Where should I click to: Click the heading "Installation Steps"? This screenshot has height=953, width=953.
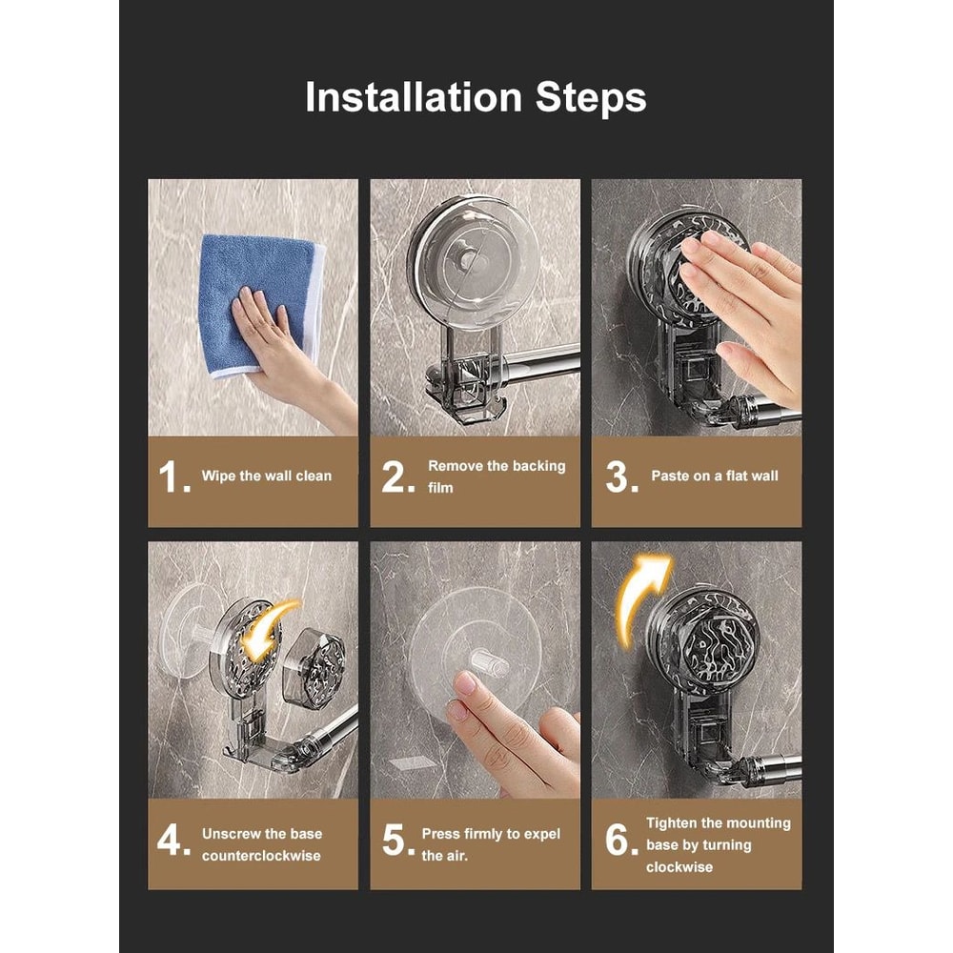tap(476, 97)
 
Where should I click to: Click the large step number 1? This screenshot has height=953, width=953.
tap(173, 476)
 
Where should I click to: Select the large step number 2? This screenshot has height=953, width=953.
tap(398, 476)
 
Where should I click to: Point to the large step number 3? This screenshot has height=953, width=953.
tap(621, 476)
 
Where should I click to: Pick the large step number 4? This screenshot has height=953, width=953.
tap(173, 840)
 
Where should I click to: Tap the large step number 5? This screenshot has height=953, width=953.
tap(398, 840)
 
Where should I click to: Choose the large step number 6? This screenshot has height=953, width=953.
tap(621, 840)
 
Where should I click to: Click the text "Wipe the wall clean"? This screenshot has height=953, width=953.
tap(267, 476)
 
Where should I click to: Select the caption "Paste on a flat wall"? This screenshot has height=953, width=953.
tap(715, 476)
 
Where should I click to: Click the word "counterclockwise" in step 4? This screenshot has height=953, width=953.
tap(261, 856)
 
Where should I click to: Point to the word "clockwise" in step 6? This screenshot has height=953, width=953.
tap(679, 867)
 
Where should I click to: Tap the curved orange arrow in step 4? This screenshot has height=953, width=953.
tap(268, 629)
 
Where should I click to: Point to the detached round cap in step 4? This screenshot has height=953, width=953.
tap(314, 669)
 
